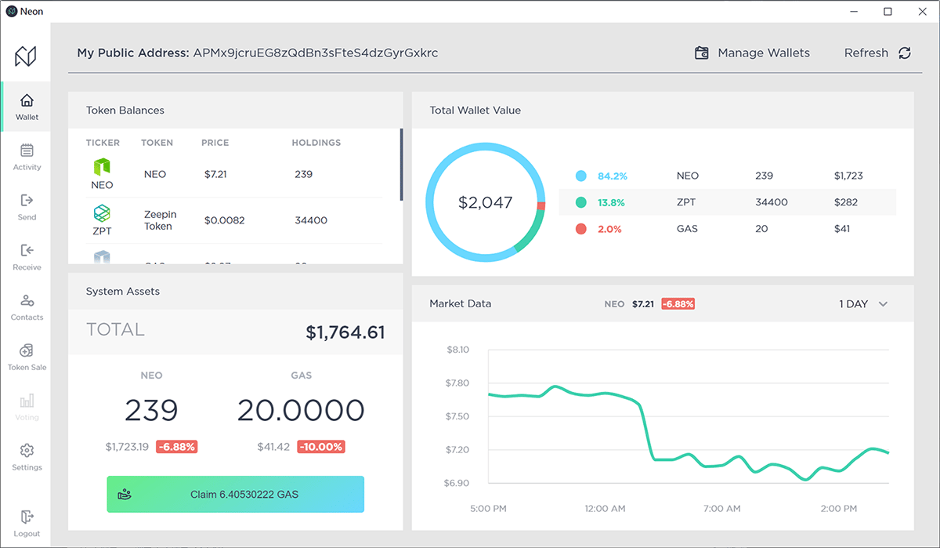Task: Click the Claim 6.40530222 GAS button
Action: point(235,495)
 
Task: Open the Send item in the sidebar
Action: point(27,207)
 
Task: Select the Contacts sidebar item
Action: point(27,307)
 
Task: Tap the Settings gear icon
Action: point(27,451)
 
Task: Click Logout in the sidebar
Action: point(27,524)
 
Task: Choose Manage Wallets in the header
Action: point(752,53)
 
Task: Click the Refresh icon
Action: point(905,53)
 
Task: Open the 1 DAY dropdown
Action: point(863,304)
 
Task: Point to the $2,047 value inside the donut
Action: point(485,202)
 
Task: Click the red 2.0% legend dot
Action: point(580,229)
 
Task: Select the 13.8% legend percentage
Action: point(611,202)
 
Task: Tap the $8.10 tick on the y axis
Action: point(457,350)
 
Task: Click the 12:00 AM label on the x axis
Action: point(605,509)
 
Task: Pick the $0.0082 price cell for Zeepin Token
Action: point(224,220)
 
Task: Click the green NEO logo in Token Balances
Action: point(102,167)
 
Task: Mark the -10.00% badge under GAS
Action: point(321,447)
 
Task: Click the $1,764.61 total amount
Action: point(345,332)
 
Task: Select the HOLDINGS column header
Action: point(316,143)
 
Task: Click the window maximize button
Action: point(888,12)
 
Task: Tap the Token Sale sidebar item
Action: point(27,357)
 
